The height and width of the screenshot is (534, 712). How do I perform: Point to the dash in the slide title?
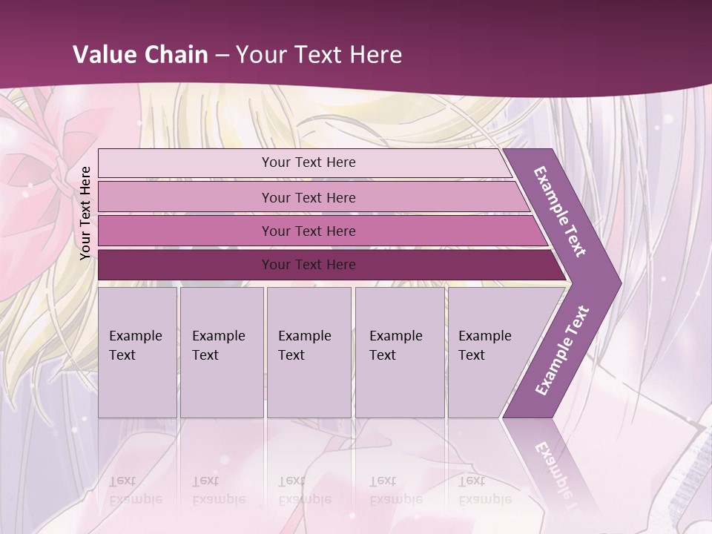222,56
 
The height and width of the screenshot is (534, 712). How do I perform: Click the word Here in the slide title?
375,55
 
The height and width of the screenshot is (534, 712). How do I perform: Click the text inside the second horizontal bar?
309,197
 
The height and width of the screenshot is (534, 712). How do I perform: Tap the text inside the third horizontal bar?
309,231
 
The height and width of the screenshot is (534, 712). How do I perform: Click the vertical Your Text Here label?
85,213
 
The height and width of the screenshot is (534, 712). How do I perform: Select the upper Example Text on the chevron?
560,211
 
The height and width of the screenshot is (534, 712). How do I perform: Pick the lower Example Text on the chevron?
561,350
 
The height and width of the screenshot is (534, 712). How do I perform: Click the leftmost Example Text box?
137,352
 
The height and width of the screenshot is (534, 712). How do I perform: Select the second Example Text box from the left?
222,352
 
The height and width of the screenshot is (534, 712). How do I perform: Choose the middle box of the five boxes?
309,352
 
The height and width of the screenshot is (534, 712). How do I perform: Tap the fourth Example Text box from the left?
400,352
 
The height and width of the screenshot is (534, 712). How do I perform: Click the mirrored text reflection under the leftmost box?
136,489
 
